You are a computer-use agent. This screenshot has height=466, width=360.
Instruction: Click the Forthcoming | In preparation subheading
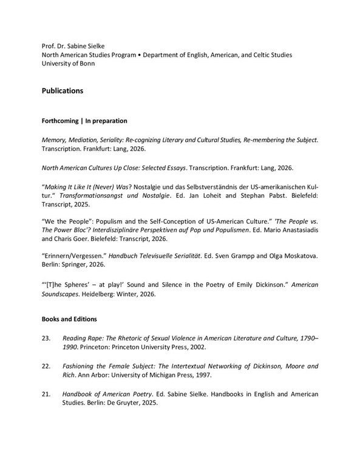click(x=84, y=121)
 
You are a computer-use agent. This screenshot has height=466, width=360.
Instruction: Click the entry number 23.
click(x=46, y=338)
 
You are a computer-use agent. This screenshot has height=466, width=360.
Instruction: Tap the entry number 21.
click(x=46, y=394)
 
